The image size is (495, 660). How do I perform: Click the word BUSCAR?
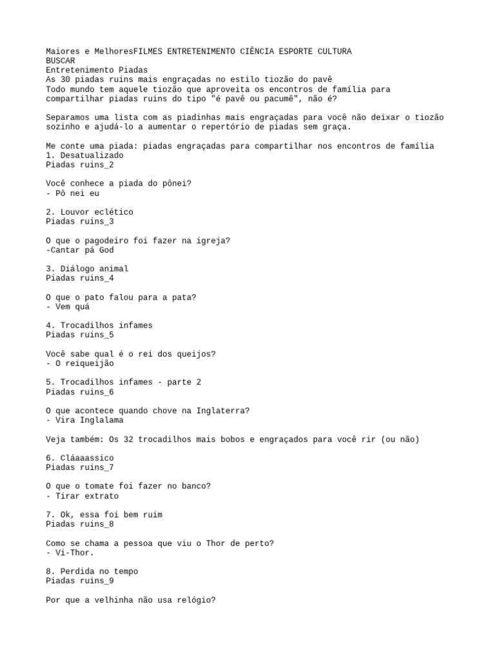[61, 61]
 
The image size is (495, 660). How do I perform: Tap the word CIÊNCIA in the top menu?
[257, 51]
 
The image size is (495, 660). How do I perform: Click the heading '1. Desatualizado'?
[84, 155]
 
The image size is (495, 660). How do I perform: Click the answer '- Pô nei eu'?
[73, 193]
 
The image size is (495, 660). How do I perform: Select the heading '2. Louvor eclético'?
[90, 212]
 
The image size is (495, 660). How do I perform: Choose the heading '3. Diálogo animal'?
[87, 269]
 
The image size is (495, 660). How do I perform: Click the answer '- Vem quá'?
[68, 307]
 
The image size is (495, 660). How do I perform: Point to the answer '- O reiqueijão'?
[80, 364]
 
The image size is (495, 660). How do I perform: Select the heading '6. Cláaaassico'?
[80, 458]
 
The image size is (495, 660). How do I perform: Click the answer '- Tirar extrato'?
[82, 496]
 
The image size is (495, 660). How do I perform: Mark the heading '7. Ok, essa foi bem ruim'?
[104, 515]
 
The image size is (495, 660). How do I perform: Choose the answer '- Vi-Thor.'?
[70, 553]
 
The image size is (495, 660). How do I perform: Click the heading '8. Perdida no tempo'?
[92, 572]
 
